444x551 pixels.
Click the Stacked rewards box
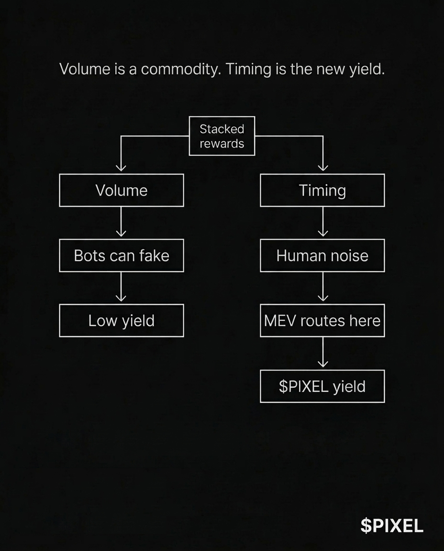[x=222, y=136]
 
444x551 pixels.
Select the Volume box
[x=122, y=190]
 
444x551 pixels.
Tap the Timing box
[x=322, y=190]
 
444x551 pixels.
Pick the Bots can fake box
[x=122, y=255]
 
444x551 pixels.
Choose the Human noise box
[x=322, y=255]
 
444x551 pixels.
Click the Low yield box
[x=122, y=320]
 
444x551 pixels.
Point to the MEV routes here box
[x=322, y=320]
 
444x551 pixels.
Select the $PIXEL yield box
[x=322, y=386]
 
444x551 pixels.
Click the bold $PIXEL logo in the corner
[x=392, y=526]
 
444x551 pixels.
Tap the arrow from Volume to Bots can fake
[x=122, y=223]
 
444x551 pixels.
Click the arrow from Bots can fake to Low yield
[x=122, y=288]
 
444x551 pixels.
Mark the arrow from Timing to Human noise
[x=323, y=223]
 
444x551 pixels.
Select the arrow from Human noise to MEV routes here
[x=323, y=288]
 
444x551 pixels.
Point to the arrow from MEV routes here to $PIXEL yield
[x=323, y=353]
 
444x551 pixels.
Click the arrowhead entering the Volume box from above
[x=121, y=168]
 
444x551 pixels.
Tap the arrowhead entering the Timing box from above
[x=323, y=168]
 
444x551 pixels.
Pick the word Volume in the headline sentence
[x=85, y=69]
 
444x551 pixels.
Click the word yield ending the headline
[x=367, y=70]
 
